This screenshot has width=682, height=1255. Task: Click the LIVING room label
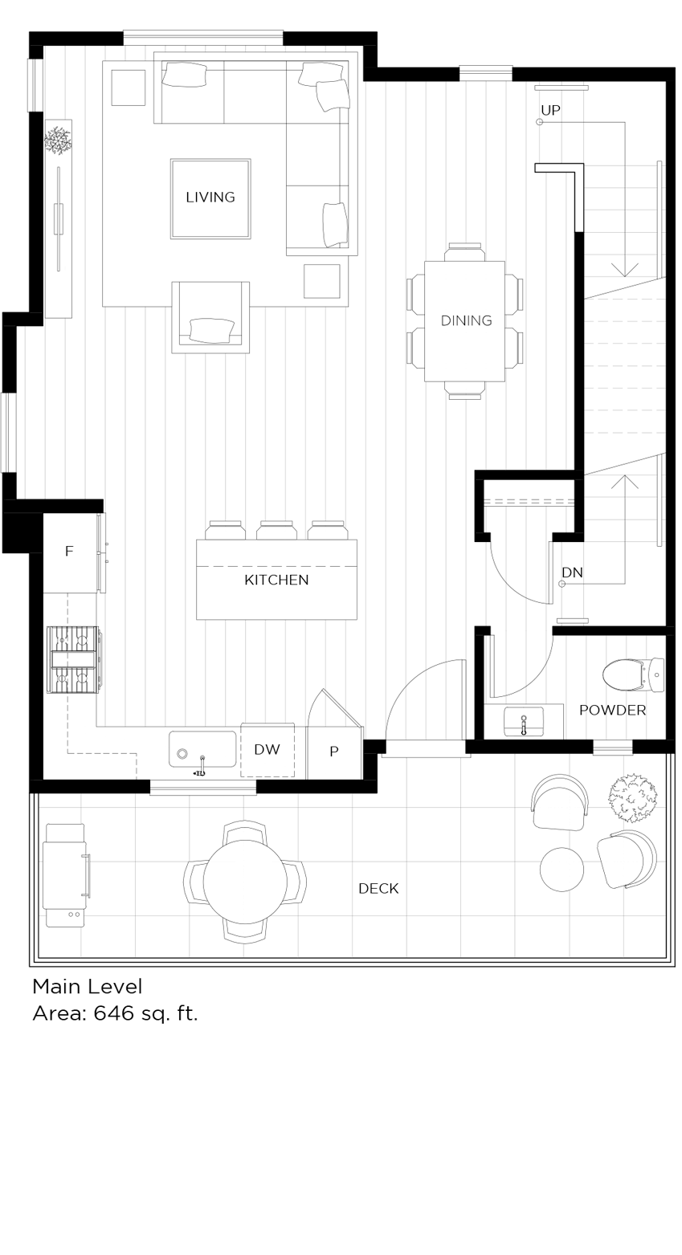[x=210, y=198]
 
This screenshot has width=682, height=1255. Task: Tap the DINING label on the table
[x=466, y=320]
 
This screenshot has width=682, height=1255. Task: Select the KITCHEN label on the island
[x=276, y=580]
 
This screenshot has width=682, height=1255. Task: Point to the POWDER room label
[x=612, y=710]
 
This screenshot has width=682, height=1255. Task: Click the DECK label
[x=378, y=888]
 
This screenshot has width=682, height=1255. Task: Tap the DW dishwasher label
[x=267, y=750]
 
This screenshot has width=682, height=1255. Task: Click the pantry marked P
[x=334, y=752]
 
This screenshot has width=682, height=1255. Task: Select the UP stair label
[x=550, y=110]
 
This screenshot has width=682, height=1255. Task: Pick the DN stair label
[x=572, y=572]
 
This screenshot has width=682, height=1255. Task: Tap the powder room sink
[x=524, y=721]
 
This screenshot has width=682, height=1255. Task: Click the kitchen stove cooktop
[x=73, y=659]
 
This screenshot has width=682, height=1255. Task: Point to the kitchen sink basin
[x=202, y=749]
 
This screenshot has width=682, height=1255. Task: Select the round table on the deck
[x=245, y=882]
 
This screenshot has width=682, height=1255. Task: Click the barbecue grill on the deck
[x=65, y=875]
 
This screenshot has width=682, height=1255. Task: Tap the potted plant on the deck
[x=633, y=797]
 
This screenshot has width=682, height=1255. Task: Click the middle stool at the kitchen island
[x=276, y=530]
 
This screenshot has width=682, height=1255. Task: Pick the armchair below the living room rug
[x=210, y=317]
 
